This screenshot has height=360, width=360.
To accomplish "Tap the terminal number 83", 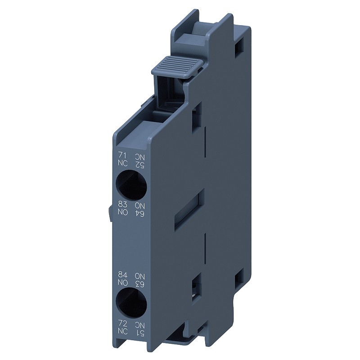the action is (123, 204).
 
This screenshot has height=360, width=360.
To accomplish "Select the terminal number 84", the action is (123, 274).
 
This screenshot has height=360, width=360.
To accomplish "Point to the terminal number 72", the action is (122, 324).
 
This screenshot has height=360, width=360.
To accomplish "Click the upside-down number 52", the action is (139, 164).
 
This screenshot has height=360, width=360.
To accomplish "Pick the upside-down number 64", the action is (139, 213).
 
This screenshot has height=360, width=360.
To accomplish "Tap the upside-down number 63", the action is (139, 284).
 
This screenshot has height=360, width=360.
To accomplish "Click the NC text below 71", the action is (122, 163).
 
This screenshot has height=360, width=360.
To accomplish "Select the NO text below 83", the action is (123, 212).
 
